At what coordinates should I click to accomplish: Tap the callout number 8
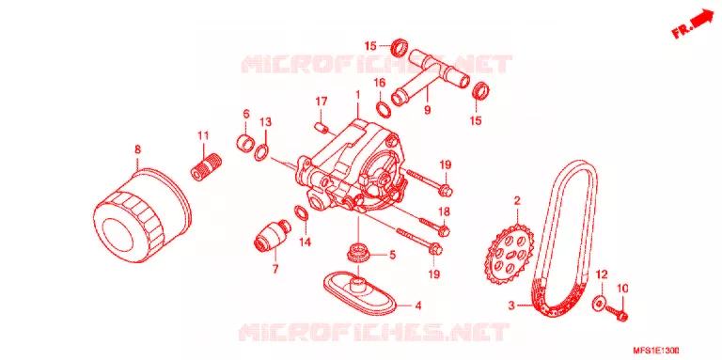[137, 149]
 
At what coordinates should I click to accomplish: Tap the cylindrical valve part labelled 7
[272, 235]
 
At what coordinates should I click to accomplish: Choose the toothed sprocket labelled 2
[509, 254]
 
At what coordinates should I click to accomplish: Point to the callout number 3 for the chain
[511, 305]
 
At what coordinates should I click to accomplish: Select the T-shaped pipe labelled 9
[429, 73]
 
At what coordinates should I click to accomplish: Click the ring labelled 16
[384, 109]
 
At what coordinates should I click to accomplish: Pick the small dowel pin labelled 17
[320, 126]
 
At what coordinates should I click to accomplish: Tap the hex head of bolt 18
[444, 228]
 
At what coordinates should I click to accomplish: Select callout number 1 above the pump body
[357, 95]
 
